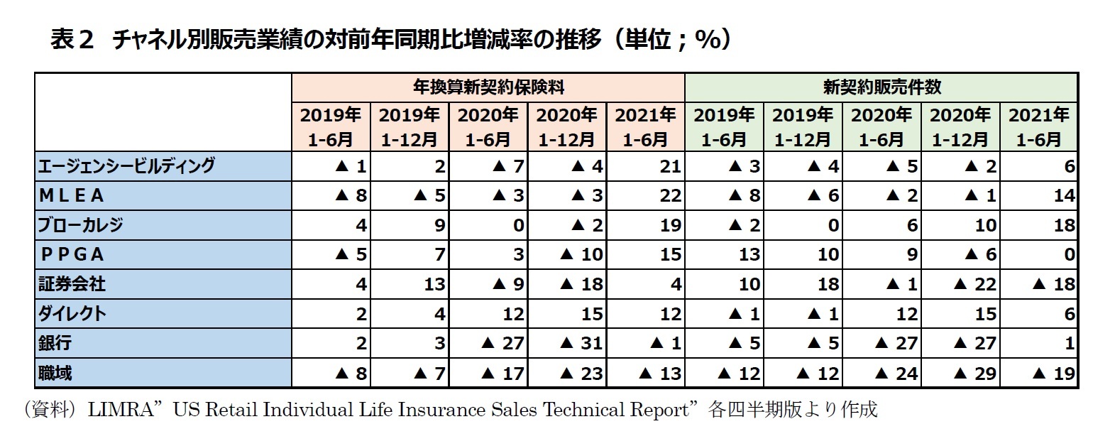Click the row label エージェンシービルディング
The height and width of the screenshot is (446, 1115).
click(x=126, y=166)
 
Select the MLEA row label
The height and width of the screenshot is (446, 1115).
click(x=72, y=195)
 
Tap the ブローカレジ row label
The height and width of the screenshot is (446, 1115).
click(x=80, y=225)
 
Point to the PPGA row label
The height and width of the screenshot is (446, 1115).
click(x=72, y=254)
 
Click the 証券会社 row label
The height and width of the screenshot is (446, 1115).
click(x=72, y=284)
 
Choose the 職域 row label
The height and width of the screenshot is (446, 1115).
click(x=55, y=373)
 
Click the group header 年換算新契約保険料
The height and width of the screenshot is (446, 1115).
click(x=488, y=87)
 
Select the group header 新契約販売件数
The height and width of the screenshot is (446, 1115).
click(x=881, y=87)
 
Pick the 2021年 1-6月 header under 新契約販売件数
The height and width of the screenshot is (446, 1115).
click(x=1038, y=126)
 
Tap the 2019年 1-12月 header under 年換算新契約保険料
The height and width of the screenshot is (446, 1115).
click(x=410, y=126)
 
